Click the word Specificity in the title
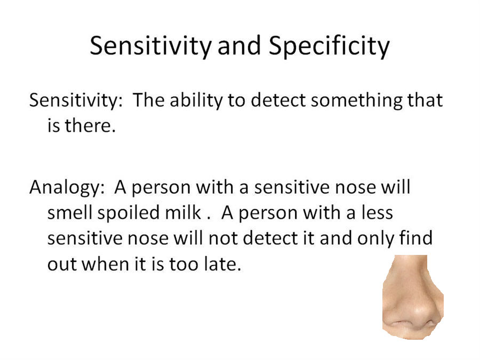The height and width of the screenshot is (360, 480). pyautogui.click(x=329, y=46)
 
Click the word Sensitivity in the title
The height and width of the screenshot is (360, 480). pyautogui.click(x=150, y=46)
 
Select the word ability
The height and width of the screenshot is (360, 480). pyautogui.click(x=196, y=100)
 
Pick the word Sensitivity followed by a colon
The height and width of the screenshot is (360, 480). pyautogui.click(x=76, y=100)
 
